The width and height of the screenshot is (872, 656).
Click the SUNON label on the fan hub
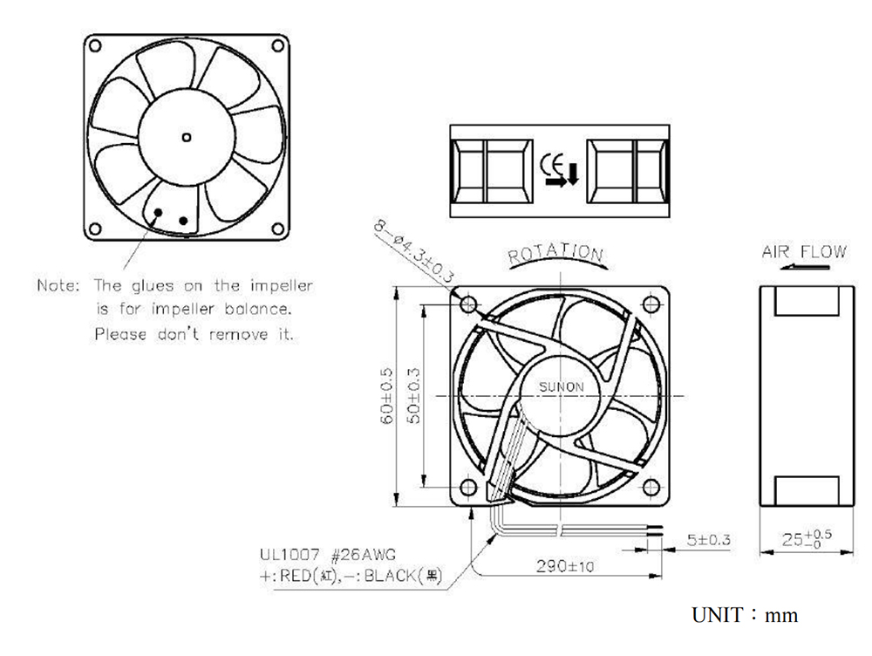pyautogui.click(x=561, y=386)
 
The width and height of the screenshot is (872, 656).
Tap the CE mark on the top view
pyautogui.click(x=552, y=164)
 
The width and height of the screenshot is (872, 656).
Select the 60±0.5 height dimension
pyautogui.click(x=386, y=395)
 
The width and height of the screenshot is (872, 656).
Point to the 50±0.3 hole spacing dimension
pyautogui.click(x=413, y=395)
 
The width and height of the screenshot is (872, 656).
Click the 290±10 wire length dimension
pyautogui.click(x=565, y=566)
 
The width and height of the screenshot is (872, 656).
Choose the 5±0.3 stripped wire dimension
pyautogui.click(x=708, y=540)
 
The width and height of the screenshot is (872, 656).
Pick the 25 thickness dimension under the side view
pyautogui.click(x=807, y=538)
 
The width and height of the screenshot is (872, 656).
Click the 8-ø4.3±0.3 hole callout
pyautogui.click(x=413, y=251)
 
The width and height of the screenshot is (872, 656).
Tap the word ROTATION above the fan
pyautogui.click(x=555, y=253)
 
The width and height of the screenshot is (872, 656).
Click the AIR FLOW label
pyautogui.click(x=804, y=252)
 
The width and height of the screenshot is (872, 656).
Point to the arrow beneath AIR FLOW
pyautogui.click(x=804, y=267)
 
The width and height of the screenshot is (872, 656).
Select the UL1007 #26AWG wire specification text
pyautogui.click(x=328, y=555)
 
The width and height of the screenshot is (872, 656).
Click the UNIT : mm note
pyautogui.click(x=745, y=615)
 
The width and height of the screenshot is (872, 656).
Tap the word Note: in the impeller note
pyautogui.click(x=58, y=285)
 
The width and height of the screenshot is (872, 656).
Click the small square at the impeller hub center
pyautogui.click(x=187, y=138)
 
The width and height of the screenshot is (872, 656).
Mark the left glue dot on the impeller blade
pyautogui.click(x=158, y=213)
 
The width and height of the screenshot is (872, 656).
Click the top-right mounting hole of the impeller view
pyautogui.click(x=277, y=45)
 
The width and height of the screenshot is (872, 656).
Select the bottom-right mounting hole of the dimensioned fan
pyautogui.click(x=651, y=488)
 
